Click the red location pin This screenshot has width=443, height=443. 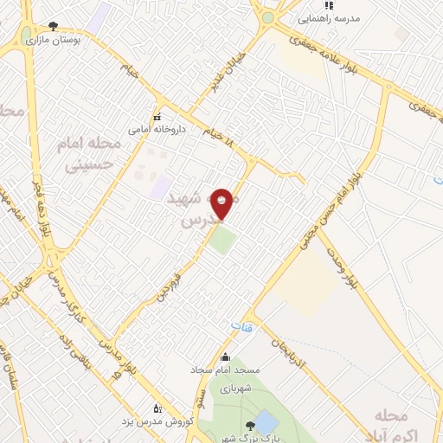coord(222,202)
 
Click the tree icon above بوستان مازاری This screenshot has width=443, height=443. coord(54,27)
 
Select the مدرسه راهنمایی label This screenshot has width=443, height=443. coord(328,18)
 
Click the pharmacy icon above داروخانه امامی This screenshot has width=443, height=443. coord(157,117)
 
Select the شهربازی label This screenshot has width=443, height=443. coord(234,389)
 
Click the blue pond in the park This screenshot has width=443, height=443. coord(266,423)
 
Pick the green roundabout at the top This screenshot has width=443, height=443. coord(267,17)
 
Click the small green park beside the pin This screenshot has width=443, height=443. coord(222,240)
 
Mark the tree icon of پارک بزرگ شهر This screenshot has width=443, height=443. coord(250,424)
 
